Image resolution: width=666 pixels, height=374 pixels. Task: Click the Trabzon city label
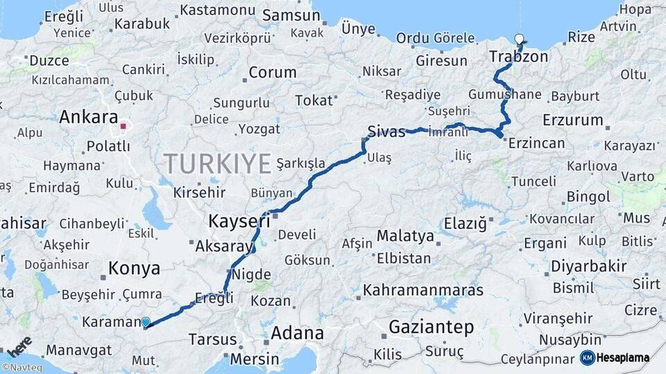(519, 56)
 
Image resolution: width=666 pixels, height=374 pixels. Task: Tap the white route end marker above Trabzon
(520, 39)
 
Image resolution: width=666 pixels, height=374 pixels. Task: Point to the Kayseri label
(239, 222)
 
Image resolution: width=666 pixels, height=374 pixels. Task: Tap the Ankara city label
(88, 117)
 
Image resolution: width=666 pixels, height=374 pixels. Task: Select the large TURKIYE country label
(216, 164)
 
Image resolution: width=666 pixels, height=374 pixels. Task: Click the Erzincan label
(536, 143)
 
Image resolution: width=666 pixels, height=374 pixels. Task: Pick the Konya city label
(134, 269)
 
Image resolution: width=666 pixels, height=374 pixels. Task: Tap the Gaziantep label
(431, 327)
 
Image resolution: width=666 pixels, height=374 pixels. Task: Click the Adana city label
(297, 332)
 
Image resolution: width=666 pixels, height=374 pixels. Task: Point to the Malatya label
(405, 236)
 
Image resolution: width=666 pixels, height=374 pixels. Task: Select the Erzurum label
(573, 120)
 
